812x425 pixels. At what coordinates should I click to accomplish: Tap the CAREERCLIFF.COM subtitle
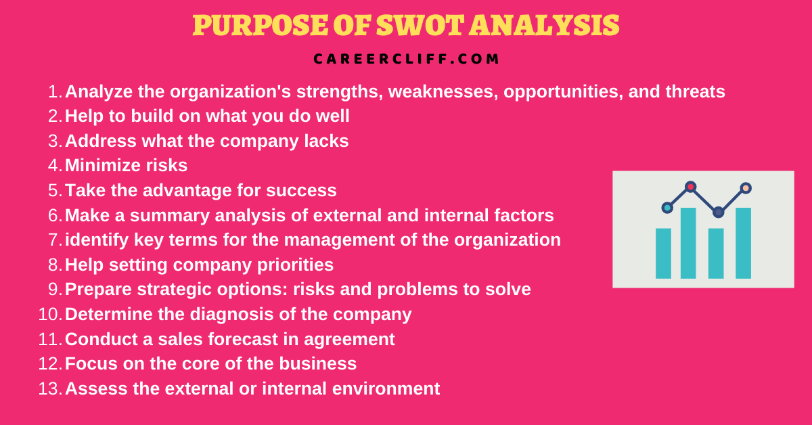point(407,59)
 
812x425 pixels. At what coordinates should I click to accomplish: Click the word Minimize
point(102,165)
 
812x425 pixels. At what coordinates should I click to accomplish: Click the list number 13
point(50,388)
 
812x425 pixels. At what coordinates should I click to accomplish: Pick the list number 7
point(55,240)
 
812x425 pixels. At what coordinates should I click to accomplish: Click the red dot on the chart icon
point(690,187)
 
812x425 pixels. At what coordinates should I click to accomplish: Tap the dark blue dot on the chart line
point(718,212)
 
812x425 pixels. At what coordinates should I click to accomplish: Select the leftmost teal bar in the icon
point(663,253)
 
